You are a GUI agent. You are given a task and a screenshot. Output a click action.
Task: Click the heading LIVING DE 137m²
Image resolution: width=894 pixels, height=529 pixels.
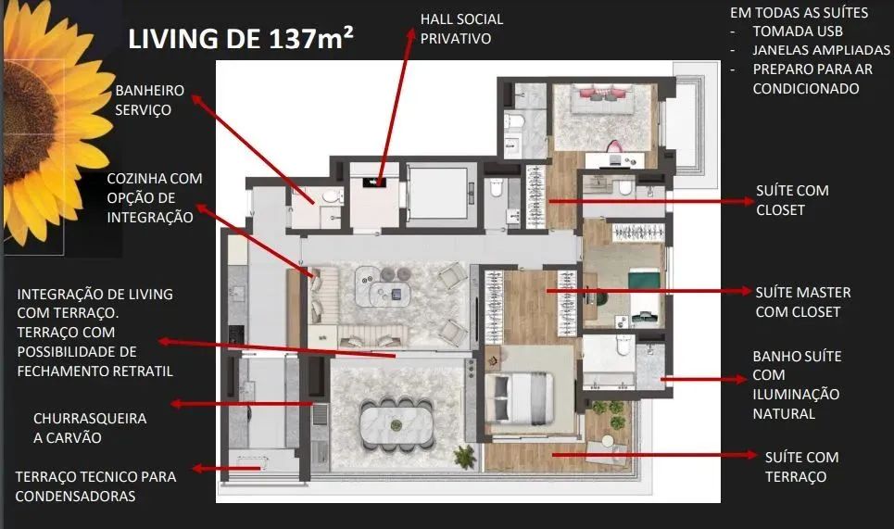click(241, 39)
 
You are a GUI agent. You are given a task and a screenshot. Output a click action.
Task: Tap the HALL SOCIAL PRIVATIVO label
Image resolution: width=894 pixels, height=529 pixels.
click(462, 29)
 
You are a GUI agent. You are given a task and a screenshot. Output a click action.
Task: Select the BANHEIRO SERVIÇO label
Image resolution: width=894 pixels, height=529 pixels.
click(150, 100)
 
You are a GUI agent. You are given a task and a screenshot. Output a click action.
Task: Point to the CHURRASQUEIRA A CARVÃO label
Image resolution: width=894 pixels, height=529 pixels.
click(90, 428)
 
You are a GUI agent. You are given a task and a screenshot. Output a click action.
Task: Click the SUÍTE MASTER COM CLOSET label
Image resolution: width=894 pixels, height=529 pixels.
click(803, 302)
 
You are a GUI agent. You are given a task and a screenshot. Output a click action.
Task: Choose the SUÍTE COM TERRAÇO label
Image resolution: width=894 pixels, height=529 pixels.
click(801, 467)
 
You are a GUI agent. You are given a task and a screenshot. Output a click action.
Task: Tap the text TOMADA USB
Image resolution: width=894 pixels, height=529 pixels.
click(798, 31)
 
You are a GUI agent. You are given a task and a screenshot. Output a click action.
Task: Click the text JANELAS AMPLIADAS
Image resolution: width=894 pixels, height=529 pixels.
click(821, 50)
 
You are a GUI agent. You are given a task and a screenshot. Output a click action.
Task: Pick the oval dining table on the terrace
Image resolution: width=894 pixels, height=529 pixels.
click(397, 425)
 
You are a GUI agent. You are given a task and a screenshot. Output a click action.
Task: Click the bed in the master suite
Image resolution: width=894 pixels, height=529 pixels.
click(519, 396)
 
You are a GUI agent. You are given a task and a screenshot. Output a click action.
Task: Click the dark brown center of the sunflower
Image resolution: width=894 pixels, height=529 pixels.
click(26, 122)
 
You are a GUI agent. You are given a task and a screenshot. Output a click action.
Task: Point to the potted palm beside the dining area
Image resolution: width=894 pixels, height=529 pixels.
click(465, 457)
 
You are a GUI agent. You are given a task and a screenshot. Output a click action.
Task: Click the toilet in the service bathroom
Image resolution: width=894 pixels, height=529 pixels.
click(332, 196)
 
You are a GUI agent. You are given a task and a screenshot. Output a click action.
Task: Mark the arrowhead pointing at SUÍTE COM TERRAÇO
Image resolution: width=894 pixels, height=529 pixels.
click(751, 455)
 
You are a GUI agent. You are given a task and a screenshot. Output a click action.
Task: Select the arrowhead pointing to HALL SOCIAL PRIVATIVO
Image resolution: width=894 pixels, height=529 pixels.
click(410, 35)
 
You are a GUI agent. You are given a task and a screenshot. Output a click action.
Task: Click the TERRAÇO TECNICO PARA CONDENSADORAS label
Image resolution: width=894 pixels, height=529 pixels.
click(95, 486)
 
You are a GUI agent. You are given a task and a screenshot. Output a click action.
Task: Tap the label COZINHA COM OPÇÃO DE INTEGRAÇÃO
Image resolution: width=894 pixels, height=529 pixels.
click(155, 198)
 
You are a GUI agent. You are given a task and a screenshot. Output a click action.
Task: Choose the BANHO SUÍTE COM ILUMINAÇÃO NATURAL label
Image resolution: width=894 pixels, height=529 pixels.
click(797, 384)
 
